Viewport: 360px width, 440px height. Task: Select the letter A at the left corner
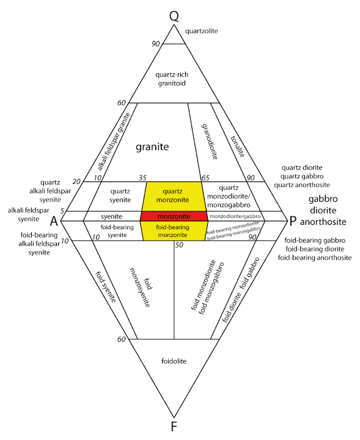[x=54, y=220]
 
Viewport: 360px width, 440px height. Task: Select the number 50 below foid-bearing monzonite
[x=179, y=245]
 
